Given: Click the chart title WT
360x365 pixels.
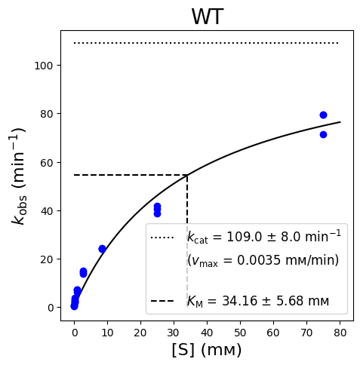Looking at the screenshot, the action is click(208, 17).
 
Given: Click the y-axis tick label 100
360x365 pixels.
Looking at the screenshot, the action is click(44, 66).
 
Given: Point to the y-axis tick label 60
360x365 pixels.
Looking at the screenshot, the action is click(47, 163).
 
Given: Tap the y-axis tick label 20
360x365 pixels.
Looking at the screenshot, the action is click(47, 259).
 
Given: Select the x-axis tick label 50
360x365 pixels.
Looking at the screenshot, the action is click(240, 333).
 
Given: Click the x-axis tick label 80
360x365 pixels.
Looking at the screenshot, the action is click(340, 333).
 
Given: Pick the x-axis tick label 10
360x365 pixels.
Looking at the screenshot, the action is click(107, 333).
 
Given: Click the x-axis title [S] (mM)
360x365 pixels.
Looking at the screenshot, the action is click(207, 350).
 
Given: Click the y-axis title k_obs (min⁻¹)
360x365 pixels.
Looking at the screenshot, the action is click(19, 176).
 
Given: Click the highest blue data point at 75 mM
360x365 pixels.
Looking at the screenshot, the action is click(323, 115).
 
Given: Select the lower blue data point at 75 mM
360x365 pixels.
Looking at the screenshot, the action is click(323, 134).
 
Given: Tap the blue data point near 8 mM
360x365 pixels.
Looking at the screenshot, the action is click(102, 249).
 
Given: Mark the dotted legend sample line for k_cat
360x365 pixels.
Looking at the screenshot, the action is click(162, 238).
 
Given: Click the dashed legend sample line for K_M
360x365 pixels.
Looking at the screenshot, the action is click(162, 301).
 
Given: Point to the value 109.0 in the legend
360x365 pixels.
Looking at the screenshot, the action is click(244, 237).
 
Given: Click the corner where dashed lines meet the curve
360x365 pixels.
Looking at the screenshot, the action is click(187, 175).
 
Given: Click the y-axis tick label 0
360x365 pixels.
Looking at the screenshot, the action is click(51, 308).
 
